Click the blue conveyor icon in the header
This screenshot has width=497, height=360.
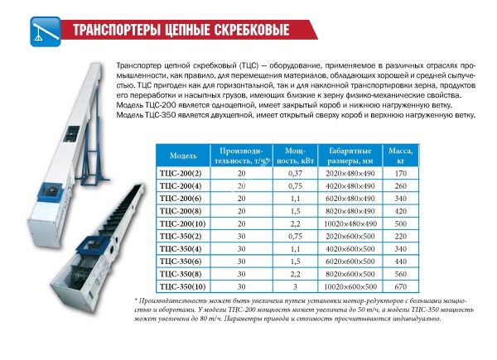coord(46,31)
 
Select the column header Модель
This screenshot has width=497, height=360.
coord(183,156)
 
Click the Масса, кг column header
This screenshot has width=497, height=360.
coord(401,156)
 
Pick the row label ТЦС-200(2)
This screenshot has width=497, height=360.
coord(181,174)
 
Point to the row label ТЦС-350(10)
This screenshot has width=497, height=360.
coord(183,287)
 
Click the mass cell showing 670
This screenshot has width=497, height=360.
coord(401,287)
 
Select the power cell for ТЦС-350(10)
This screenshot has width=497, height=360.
coord(295,287)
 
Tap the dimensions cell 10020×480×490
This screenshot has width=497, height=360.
coord(350,223)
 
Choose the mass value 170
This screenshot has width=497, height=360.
coord(401,174)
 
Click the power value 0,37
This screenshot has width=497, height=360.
coord(295,174)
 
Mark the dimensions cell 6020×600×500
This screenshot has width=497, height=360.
coord(350,262)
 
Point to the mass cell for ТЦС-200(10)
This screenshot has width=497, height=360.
coord(401,223)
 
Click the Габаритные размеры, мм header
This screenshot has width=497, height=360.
coord(350,156)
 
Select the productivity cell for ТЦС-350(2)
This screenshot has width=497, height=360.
coord(242,237)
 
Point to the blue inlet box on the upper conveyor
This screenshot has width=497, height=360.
coord(50,192)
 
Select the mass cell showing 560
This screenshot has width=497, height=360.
coord(401,274)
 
